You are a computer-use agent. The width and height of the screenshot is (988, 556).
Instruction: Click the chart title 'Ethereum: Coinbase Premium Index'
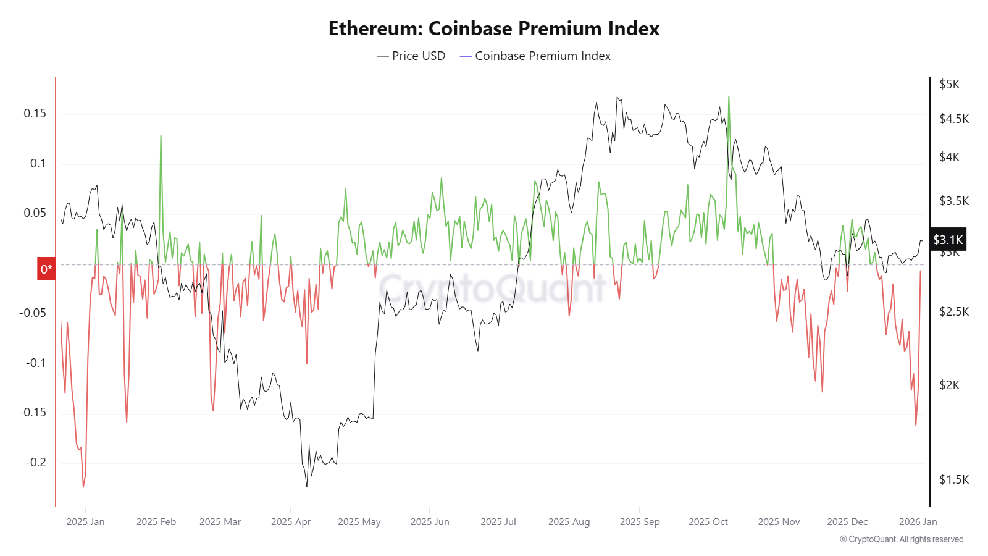(494, 28)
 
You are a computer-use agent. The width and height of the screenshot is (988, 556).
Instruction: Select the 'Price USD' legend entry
(411, 56)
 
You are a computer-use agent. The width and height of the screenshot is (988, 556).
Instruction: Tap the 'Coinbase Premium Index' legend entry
(535, 56)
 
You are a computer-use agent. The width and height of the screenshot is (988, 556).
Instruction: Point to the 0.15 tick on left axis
(35, 113)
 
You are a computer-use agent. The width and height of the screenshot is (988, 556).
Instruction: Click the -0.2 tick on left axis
(36, 462)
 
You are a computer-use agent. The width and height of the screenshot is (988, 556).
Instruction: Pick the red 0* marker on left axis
(46, 269)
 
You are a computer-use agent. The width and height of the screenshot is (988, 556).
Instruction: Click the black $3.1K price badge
(948, 240)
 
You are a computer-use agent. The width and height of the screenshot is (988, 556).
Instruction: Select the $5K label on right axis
(949, 84)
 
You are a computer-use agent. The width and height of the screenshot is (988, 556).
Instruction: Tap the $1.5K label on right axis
(954, 479)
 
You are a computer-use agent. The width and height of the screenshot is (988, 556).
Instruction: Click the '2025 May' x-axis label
(359, 521)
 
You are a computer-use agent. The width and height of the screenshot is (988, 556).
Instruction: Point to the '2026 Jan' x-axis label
(918, 521)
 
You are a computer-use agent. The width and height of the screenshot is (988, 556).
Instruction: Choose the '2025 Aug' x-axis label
(569, 521)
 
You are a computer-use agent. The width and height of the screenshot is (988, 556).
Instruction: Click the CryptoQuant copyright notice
(902, 539)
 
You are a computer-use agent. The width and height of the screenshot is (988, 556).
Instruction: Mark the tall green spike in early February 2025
(161, 136)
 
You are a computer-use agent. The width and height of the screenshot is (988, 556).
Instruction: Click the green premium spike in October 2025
(729, 98)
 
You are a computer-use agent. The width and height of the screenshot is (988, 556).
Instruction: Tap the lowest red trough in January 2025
(83, 486)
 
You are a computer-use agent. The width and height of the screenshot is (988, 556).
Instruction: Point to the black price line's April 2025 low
(307, 486)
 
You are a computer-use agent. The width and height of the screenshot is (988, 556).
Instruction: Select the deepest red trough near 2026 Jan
(916, 424)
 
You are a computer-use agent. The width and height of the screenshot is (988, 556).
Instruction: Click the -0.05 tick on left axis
(33, 313)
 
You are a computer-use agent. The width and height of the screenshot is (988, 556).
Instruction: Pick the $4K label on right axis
(950, 157)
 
